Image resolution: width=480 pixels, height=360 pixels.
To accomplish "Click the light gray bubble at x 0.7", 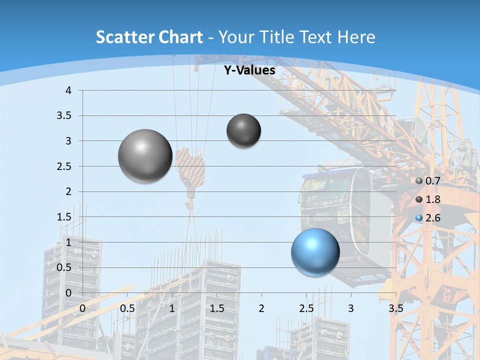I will pyautogui.click(x=145, y=156).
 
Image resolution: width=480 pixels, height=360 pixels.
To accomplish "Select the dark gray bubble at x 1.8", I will pyautogui.click(x=243, y=130).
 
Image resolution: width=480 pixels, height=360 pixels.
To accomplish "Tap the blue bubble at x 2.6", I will pyautogui.click(x=315, y=252).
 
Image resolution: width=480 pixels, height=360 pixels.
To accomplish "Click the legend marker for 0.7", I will pyautogui.click(x=419, y=181).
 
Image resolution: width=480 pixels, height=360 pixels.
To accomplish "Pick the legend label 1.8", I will pyautogui.click(x=433, y=199).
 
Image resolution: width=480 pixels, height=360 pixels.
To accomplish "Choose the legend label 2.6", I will pyautogui.click(x=433, y=218).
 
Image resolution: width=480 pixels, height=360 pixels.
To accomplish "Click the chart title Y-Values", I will pyautogui.click(x=249, y=70).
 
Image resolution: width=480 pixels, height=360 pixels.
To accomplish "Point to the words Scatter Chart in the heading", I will pyautogui.click(x=149, y=37).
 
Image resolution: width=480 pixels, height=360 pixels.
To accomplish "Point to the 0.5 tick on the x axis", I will pyautogui.click(x=127, y=308).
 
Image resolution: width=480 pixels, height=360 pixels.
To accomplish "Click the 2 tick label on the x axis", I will pyautogui.click(x=261, y=308).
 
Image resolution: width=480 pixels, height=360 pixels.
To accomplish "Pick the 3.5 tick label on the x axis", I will pyautogui.click(x=395, y=308).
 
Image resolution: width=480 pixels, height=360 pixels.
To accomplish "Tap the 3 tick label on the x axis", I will pyautogui.click(x=351, y=308).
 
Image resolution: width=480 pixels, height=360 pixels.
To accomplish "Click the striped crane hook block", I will pyautogui.click(x=190, y=167).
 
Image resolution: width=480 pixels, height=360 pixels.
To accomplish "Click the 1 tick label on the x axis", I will pyautogui.click(x=172, y=308).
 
